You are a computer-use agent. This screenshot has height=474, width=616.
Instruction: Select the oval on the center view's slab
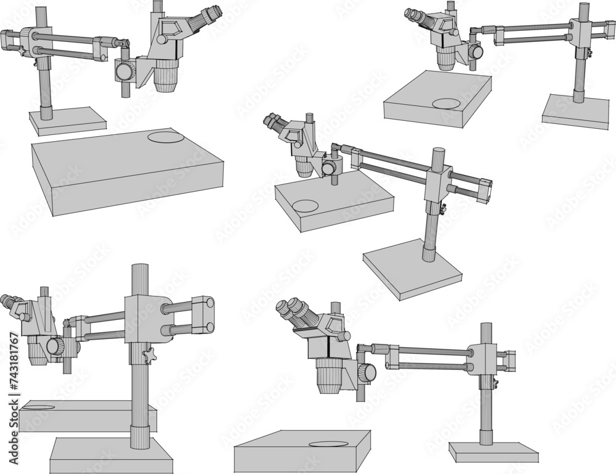point(305,206)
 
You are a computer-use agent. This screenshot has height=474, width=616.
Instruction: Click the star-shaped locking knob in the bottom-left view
point(148,356)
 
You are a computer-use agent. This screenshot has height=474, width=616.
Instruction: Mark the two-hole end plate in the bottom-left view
point(203,316)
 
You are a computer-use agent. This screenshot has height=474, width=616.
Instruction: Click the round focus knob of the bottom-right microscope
point(368,372)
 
